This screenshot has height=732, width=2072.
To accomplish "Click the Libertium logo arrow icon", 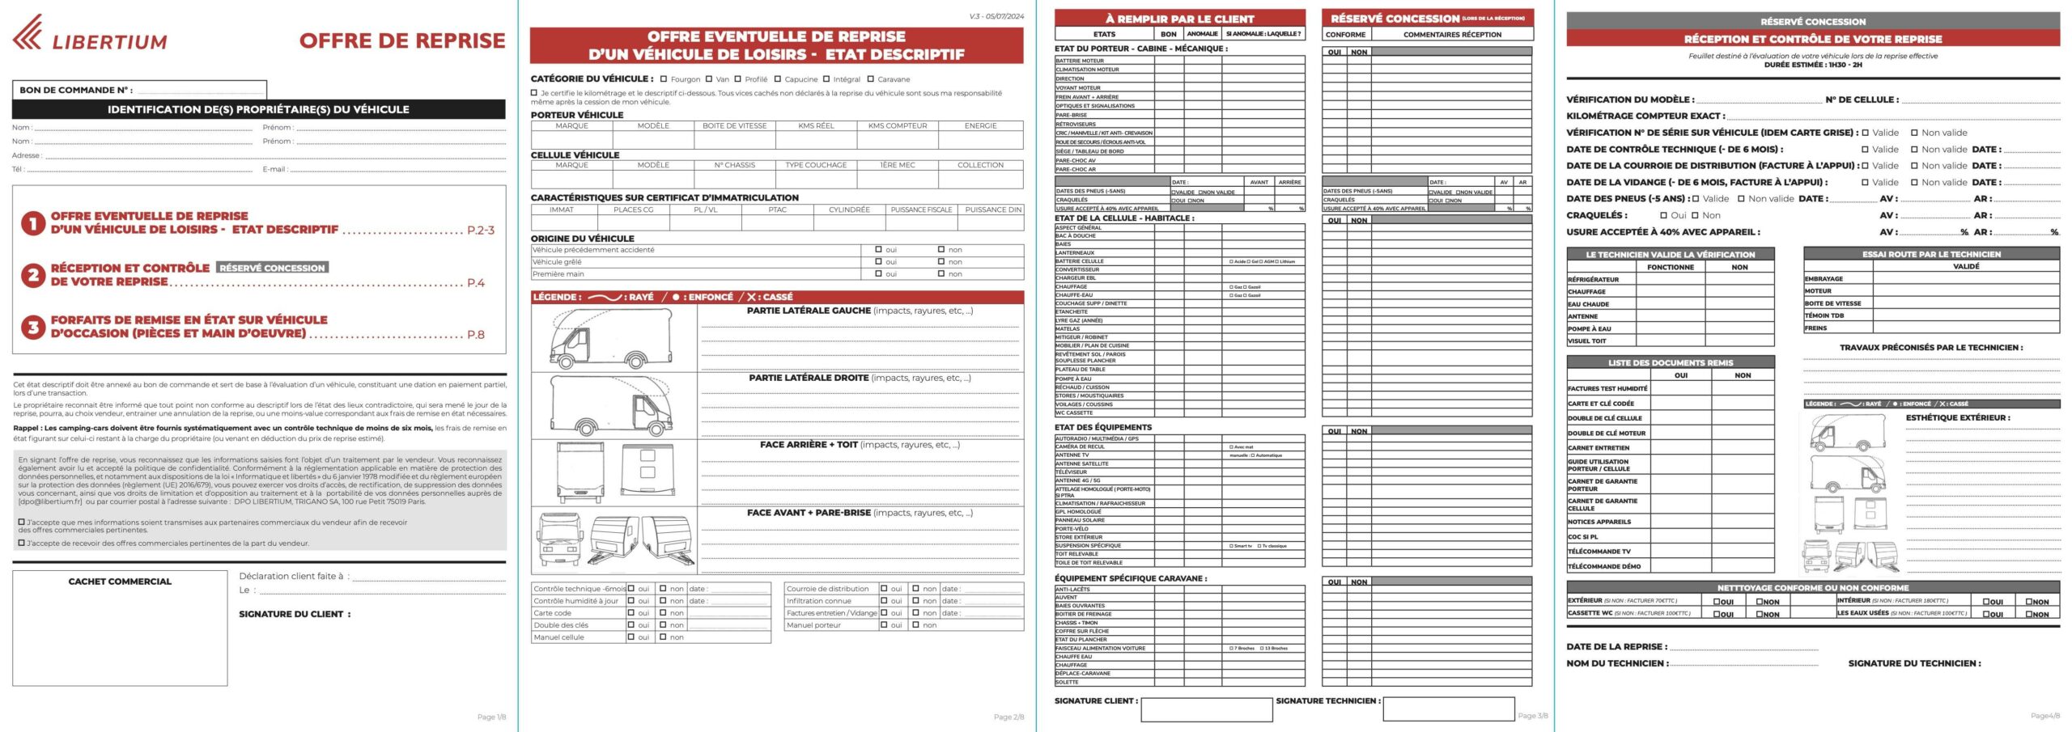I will coord(28,32).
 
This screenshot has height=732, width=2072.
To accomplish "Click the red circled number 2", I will coord(32,275).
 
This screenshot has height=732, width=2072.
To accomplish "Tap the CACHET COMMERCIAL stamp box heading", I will coord(120,582).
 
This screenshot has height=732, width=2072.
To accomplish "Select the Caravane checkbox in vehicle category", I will coord(871,79).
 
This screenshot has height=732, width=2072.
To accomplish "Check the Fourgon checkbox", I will coord(664,79).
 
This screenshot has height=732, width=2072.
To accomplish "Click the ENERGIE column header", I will coord(980,126).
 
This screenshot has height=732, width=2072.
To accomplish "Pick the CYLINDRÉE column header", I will coord(849,209).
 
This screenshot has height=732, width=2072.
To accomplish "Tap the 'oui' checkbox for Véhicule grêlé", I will coord(878,262).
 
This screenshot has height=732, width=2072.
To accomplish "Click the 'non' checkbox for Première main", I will coord(941,274).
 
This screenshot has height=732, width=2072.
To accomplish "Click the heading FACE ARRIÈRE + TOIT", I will coord(809,445).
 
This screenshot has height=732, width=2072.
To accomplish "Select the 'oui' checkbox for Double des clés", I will coord(631,625).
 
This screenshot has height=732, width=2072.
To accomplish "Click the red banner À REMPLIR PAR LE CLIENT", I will coord(1179,19).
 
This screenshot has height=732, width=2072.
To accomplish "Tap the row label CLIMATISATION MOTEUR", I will coord(1087,70).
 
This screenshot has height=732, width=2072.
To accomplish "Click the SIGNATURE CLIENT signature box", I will coord(1206,709).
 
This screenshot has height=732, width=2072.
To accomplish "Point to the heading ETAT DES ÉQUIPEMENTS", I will coord(1102,427).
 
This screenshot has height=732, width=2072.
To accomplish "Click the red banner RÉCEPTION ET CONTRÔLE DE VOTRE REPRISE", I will coord(1813,39).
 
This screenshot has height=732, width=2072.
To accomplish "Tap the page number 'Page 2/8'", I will coord(1008,717).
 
